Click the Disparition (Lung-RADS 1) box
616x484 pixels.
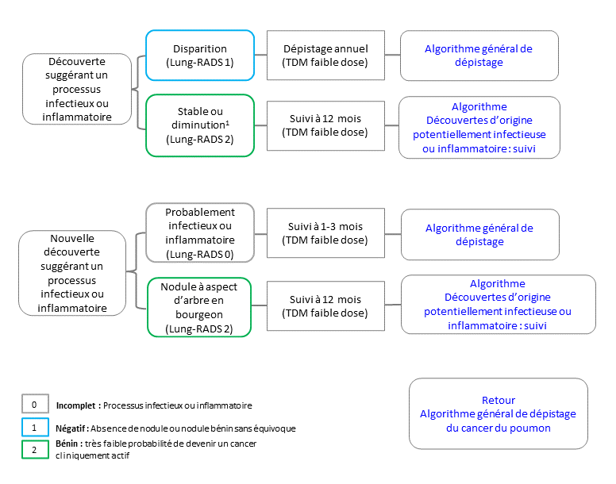200,56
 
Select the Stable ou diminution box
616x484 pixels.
200,125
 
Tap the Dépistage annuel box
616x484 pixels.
325,56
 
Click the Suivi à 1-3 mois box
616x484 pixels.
325,232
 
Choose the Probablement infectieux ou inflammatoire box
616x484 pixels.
200,232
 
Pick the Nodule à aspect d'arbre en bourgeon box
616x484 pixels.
199,307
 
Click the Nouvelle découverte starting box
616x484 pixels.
72,273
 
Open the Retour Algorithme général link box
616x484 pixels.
499,413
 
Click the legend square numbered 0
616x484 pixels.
35,404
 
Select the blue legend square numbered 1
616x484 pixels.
35,428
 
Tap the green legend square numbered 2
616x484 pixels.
35,449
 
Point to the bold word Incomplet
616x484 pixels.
76,405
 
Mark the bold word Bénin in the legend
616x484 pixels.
67,444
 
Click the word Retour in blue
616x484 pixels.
499,400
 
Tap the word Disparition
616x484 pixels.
200,48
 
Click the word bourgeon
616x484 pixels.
199,315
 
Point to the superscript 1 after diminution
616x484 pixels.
228,122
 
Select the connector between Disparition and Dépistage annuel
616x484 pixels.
261,55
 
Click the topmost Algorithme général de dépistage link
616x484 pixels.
479,56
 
